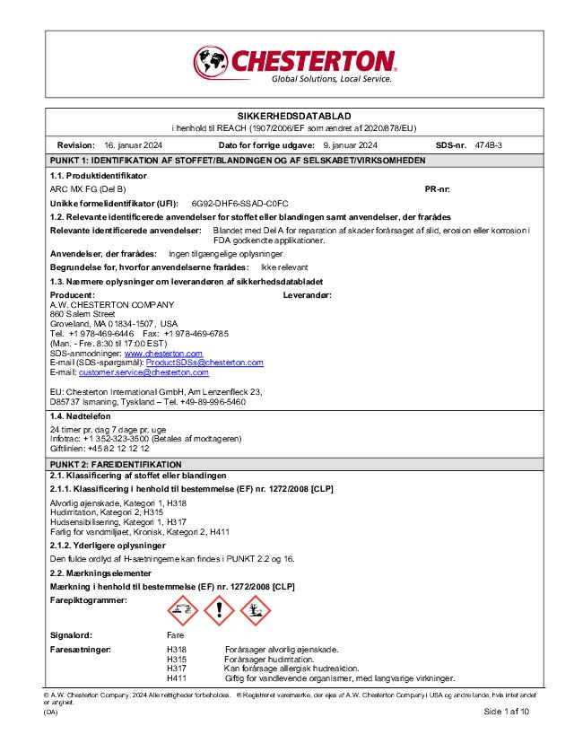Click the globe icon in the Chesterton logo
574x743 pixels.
point(212,62)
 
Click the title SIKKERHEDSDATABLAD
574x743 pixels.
point(286,118)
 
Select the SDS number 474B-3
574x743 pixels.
point(489,144)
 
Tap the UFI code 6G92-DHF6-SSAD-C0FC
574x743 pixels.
point(240,204)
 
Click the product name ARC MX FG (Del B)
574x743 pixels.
point(87,189)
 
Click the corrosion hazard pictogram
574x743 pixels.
point(183,611)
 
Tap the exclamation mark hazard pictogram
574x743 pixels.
point(219,611)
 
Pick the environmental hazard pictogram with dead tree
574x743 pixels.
point(255,611)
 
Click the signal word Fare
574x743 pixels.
point(175,634)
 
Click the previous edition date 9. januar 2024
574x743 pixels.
point(351,144)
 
